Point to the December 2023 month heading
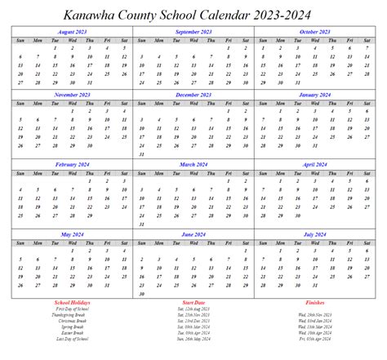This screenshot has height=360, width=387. point(193,95)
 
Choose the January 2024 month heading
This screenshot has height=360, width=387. point(314,95)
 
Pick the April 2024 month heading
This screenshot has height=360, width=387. point(314,163)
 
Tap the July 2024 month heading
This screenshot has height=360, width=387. point(314,233)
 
